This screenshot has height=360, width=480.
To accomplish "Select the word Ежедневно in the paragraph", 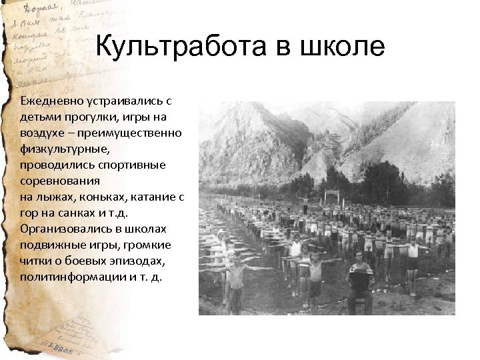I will pyautogui.click(x=50, y=101).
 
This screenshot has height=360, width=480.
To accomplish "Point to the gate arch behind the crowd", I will pyautogui.click(x=331, y=195).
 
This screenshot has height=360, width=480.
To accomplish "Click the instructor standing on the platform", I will pyautogui.click(x=304, y=203).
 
